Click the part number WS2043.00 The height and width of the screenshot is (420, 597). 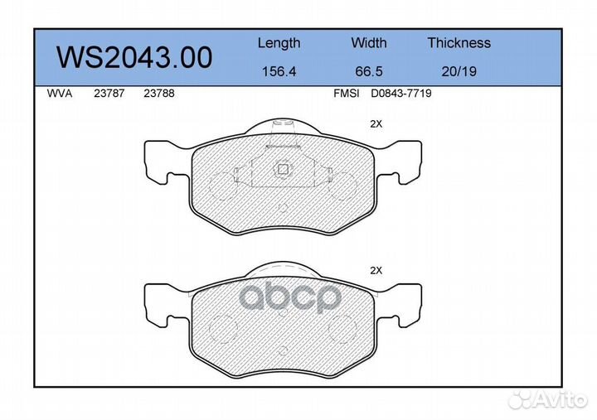(x=134, y=57)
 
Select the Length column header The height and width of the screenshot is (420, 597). (x=279, y=43)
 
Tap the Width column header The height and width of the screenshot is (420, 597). (x=368, y=42)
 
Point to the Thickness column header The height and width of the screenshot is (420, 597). (x=459, y=42)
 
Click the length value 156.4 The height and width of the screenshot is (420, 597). (x=279, y=71)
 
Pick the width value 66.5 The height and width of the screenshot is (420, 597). (x=368, y=71)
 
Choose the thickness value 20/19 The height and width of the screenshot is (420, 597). (x=459, y=71)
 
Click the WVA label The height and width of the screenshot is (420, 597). (x=60, y=94)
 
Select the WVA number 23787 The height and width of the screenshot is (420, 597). (x=109, y=94)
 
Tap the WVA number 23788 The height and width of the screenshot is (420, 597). (x=158, y=94)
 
